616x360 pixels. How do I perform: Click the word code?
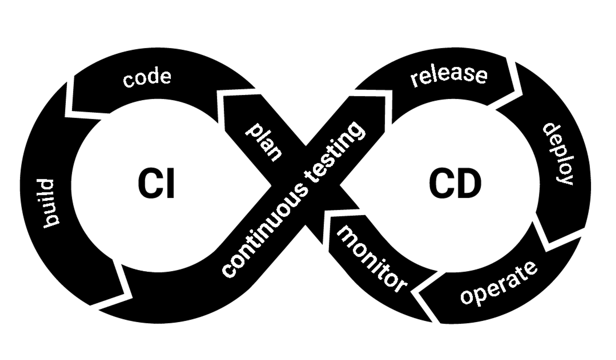coord(147,78)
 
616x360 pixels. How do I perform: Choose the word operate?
coord(499,283)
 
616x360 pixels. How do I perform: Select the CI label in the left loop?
coord(156,184)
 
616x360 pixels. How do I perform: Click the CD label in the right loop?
coord(455,184)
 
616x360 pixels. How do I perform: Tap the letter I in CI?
coord(170,184)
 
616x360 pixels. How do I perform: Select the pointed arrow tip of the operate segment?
coord(416,292)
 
